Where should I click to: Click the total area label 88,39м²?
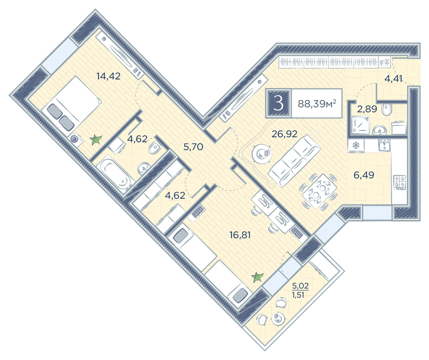pyautogui.click(x=317, y=104)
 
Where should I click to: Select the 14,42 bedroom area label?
pyautogui.click(x=109, y=76)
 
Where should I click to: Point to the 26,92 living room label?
pyautogui.click(x=284, y=134)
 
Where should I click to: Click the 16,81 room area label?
pyautogui.click(x=240, y=235)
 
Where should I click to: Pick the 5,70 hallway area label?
pyautogui.click(x=193, y=147)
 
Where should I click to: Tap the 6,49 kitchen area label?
pyautogui.click(x=364, y=175)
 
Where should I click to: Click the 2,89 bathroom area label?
pyautogui.click(x=367, y=109)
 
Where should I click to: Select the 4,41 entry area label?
pyautogui.click(x=393, y=79)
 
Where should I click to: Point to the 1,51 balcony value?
pyautogui.click(x=298, y=295)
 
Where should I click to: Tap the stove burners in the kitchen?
pyautogui.click(x=399, y=182)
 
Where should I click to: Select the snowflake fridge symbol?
pyautogui.click(x=356, y=145)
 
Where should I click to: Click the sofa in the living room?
pyautogui.click(x=294, y=161)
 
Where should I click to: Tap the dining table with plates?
pyautogui.click(x=319, y=191)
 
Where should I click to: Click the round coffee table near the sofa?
pyautogui.click(x=261, y=154)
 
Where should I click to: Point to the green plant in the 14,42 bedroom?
pyautogui.click(x=96, y=140)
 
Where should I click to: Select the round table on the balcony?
pyautogui.click(x=278, y=319)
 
